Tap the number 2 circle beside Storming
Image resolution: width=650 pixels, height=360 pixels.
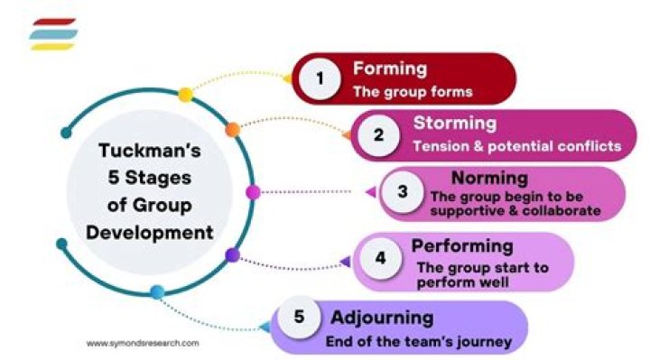(x=379, y=135)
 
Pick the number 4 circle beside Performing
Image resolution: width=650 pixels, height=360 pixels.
(x=380, y=257)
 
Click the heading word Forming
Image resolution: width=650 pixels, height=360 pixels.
(x=389, y=69)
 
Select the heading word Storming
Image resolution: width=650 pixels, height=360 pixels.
(x=455, y=124)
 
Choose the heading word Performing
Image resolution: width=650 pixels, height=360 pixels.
(x=462, y=245)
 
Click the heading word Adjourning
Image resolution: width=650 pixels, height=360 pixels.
(x=381, y=318)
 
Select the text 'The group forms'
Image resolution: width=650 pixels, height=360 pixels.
(x=413, y=91)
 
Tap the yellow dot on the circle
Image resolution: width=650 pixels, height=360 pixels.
(x=185, y=94)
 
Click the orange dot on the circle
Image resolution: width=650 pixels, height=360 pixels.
(x=232, y=129)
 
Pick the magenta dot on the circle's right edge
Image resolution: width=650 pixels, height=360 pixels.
(x=253, y=192)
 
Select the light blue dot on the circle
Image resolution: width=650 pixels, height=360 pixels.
(x=157, y=291)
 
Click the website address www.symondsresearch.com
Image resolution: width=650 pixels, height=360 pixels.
(x=143, y=343)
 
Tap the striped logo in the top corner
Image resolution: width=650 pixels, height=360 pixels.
(x=52, y=34)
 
